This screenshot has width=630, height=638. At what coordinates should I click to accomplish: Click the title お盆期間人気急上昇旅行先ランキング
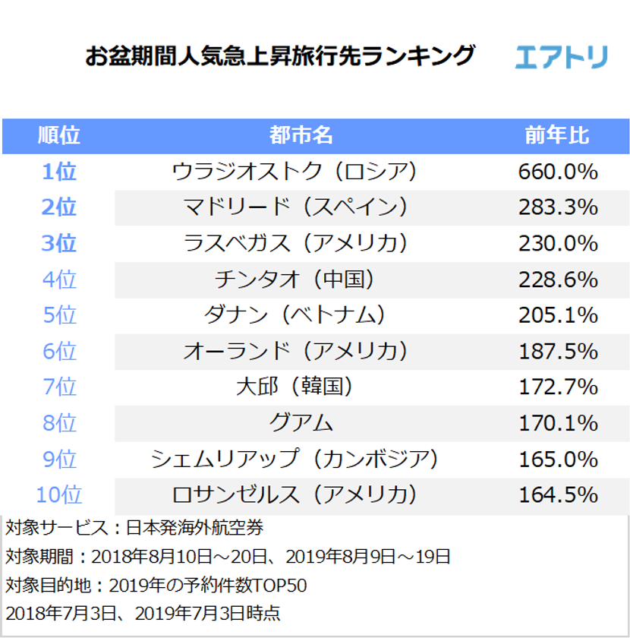click(280, 57)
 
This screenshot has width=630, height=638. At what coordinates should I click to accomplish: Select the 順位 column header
click(58, 136)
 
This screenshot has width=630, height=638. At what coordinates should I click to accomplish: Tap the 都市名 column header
click(301, 136)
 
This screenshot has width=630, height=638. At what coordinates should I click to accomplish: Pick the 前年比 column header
click(557, 136)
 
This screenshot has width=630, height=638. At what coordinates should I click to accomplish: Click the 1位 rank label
click(58, 172)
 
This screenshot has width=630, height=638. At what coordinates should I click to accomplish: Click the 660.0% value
click(558, 172)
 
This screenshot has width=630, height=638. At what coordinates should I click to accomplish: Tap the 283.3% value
click(558, 207)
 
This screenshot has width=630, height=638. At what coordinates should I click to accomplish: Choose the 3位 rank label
click(58, 244)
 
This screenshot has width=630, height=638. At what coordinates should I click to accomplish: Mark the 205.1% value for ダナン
click(558, 315)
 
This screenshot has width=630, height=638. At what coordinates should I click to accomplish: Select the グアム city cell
click(301, 423)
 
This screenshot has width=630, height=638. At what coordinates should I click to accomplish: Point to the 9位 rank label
click(58, 459)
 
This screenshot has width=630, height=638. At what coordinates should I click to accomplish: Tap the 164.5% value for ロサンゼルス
click(558, 495)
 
